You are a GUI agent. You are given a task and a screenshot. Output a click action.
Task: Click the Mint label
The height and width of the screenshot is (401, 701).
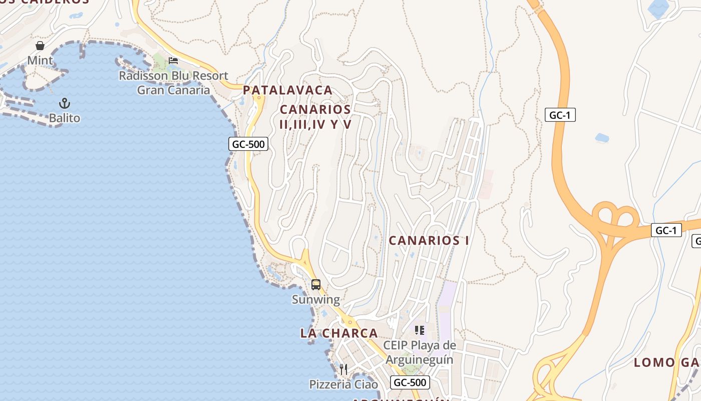pos(40,61)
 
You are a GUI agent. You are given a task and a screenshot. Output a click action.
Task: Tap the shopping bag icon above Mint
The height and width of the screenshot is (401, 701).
pos(40,46)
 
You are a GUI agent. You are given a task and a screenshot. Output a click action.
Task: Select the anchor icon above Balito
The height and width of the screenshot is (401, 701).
pos(65,103)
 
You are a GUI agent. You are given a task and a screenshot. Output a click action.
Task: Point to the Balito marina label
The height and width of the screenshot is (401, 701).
pos(65,118)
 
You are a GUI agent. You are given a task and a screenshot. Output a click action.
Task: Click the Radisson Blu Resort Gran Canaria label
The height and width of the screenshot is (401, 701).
pos(173,83)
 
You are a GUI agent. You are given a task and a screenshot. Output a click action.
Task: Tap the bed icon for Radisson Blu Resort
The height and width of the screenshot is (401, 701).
pos(173,61)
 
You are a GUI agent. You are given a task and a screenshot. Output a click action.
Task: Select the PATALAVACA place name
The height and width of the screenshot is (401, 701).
pos(287,90)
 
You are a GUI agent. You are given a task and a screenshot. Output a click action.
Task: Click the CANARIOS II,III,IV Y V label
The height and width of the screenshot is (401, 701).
pos(315,117)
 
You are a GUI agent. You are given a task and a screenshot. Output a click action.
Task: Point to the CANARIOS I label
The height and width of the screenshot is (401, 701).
pos(429,241)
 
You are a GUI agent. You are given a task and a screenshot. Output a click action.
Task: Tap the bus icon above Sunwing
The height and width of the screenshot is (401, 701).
pos(316,285)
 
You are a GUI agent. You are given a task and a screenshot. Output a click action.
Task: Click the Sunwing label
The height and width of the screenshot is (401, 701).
pos(316,300)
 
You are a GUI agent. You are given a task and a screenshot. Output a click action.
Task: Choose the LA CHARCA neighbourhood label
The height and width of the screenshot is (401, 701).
pos(339,333)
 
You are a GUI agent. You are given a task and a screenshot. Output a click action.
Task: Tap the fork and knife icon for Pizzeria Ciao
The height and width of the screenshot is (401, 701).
pos(343,369)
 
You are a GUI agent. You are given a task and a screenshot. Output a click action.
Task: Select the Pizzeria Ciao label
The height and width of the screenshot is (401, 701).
pos(343,384)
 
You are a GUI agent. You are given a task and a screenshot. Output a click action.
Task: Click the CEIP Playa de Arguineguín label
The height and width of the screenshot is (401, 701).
pos(420,352)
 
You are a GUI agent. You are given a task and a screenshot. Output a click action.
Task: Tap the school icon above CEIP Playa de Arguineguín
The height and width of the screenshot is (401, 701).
pos(420,330)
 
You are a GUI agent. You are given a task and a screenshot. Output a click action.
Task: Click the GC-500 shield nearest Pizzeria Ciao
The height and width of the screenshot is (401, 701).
pos(410,382)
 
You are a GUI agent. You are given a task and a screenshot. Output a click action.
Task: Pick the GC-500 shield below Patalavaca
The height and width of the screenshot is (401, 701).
pos(249,144)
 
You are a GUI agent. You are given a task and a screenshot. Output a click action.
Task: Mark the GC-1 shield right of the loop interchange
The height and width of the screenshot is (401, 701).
pos(666,231)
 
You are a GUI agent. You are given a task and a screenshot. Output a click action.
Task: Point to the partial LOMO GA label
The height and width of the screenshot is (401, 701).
pos(667,362)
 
